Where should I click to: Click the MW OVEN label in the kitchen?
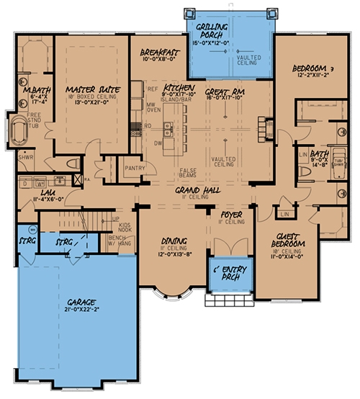pos(153,107)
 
